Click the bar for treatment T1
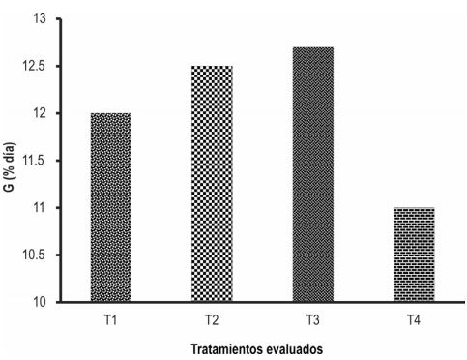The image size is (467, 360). [x=110, y=207]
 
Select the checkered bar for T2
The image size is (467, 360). [x=212, y=184]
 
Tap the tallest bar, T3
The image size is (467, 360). [x=312, y=174]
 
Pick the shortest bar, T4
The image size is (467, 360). [x=413, y=255]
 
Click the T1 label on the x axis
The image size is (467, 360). [x=110, y=317]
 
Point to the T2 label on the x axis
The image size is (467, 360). [x=212, y=317]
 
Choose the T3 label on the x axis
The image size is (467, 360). [x=312, y=317]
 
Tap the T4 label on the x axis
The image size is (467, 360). [x=413, y=317]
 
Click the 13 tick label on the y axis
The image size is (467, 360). [x=41, y=19]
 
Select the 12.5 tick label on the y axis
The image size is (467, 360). [x=37, y=67]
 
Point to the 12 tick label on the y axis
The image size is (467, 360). [x=41, y=113]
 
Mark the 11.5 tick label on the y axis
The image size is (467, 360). [x=37, y=161]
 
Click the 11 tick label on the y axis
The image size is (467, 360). [x=41, y=208]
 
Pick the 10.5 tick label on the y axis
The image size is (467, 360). [x=37, y=255]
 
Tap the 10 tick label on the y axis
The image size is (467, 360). [x=41, y=302]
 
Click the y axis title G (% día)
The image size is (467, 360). [x=11, y=161]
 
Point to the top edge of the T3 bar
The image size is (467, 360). [x=312, y=47]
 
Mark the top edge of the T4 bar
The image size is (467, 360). [x=413, y=208]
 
